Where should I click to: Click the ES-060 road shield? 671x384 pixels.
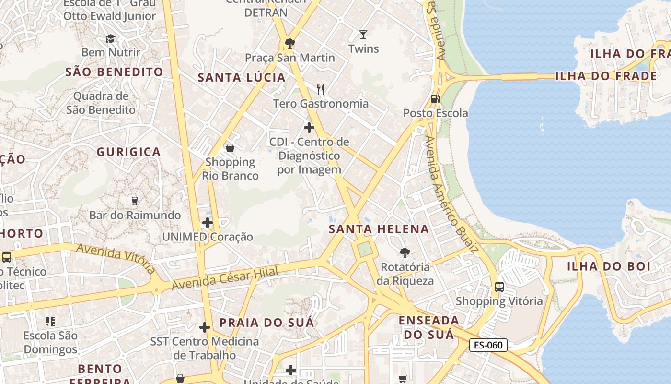[x=488, y=345]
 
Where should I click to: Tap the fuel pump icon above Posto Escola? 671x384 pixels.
[x=435, y=99]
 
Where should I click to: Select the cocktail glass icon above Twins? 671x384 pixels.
[x=363, y=35]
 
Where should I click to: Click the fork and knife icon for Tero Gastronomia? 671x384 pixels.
[x=321, y=89]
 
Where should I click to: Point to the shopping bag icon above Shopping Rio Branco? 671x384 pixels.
[x=230, y=148]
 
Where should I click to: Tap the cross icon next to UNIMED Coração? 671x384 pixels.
[x=207, y=223]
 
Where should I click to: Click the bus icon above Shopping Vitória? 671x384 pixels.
[x=499, y=287]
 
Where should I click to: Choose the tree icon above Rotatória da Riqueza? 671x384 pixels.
[x=405, y=252]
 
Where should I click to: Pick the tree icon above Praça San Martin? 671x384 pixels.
[x=289, y=44]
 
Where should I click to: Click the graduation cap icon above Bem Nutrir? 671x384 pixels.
[x=111, y=38]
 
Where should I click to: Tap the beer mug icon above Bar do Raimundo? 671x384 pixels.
[x=134, y=201]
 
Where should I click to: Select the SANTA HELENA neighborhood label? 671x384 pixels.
[x=379, y=229]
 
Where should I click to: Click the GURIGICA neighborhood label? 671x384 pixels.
[x=128, y=152]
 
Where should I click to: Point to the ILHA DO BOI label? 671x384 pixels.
[x=608, y=266]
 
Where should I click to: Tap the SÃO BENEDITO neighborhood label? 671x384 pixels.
[x=114, y=72]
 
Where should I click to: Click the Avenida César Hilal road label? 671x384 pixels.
[x=225, y=278]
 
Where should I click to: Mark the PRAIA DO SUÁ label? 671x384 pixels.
[x=266, y=323]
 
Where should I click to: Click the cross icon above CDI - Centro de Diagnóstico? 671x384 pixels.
[x=309, y=128]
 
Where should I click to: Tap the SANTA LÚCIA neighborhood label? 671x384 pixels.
[x=242, y=77]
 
